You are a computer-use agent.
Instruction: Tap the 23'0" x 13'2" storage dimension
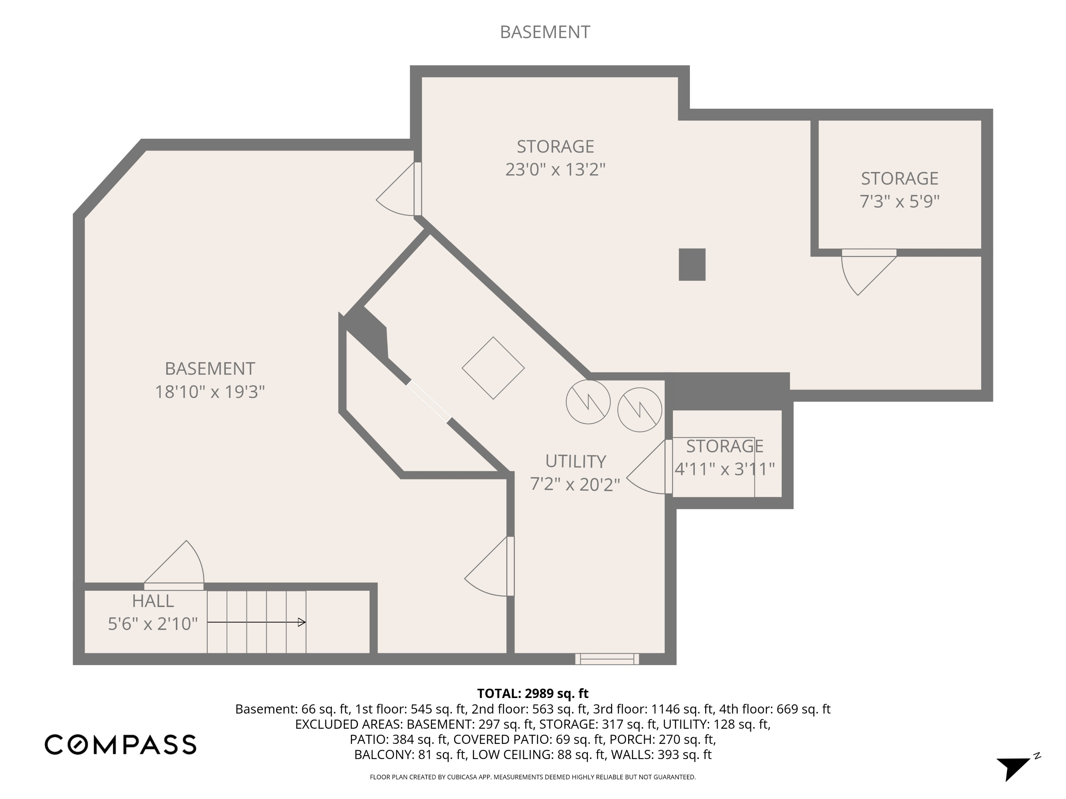[555, 169]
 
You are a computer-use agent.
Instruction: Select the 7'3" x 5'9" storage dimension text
[899, 201]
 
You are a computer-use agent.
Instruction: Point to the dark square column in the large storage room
[692, 264]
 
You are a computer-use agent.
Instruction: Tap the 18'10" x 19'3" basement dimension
[209, 392]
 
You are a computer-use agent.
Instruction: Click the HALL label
[153, 601]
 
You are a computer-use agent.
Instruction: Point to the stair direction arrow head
[302, 622]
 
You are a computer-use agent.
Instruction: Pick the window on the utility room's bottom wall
[607, 659]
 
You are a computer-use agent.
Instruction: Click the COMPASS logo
[120, 745]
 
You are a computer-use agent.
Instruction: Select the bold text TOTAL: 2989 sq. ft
[533, 694]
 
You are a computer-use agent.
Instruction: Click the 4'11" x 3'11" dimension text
[724, 469]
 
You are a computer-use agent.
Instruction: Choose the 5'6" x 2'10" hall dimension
[153, 624]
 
